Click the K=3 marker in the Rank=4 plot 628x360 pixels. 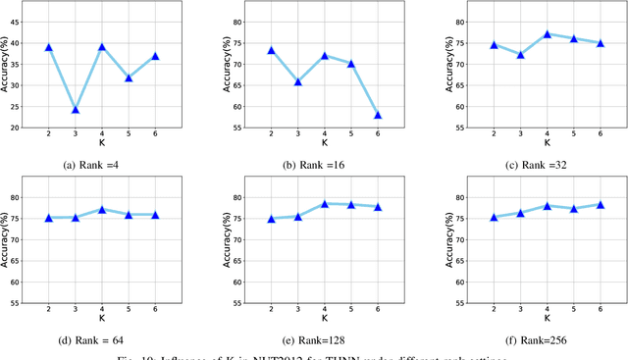click(x=75, y=109)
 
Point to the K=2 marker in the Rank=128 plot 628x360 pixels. click(x=271, y=219)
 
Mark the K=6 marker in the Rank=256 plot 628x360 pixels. click(x=600, y=204)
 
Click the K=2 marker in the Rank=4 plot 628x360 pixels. click(x=48, y=47)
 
